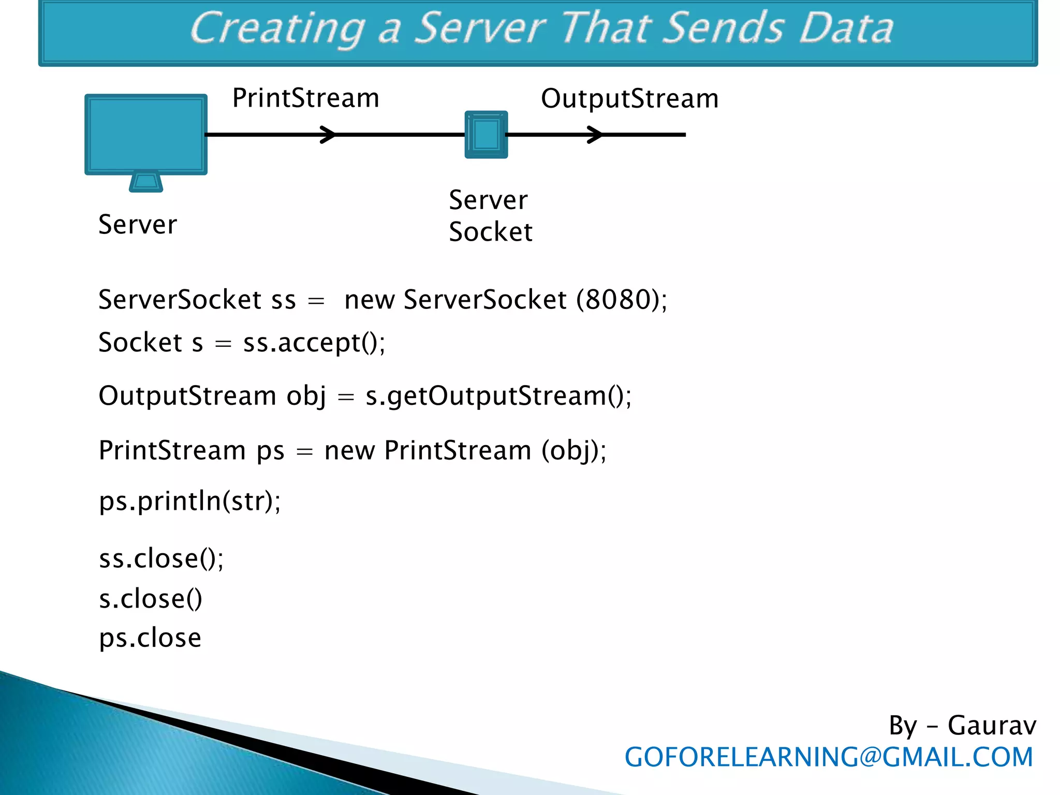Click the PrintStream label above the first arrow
point(305,98)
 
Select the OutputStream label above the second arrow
point(629,98)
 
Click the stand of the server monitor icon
point(146,182)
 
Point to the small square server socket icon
point(486,135)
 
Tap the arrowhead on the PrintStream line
point(328,135)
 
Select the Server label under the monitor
point(138,225)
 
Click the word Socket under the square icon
point(490,231)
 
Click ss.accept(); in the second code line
point(314,343)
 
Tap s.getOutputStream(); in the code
point(498,396)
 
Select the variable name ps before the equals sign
point(271,450)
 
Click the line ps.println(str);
point(189,501)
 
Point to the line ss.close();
point(161,558)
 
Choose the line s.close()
point(150,599)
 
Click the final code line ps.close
point(150,638)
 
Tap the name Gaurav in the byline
point(991,725)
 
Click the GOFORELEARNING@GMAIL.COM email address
point(828,757)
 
